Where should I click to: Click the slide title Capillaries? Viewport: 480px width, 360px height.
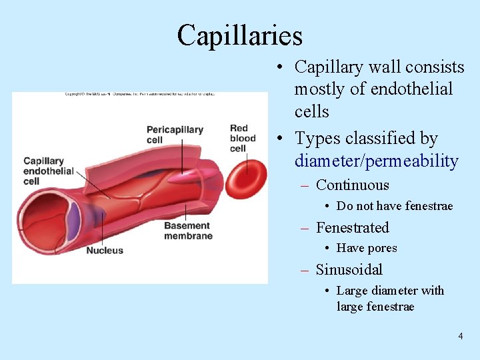(x=239, y=35)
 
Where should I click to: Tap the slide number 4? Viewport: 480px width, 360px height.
(x=460, y=336)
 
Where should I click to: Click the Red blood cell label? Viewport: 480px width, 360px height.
(x=243, y=138)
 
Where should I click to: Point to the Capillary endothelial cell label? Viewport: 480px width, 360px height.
(x=49, y=171)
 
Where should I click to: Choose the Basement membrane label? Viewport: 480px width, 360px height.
(x=188, y=231)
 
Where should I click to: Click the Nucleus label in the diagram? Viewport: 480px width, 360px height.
(x=105, y=251)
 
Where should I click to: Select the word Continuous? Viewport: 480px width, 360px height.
(x=352, y=185)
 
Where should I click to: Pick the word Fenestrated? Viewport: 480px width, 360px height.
(x=352, y=227)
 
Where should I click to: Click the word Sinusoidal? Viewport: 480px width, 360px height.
(x=349, y=269)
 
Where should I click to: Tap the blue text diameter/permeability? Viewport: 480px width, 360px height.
(x=377, y=161)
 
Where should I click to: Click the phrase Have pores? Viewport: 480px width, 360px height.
(x=367, y=248)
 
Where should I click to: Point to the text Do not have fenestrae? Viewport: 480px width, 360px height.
(x=395, y=206)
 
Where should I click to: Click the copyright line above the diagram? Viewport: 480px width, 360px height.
(x=139, y=94)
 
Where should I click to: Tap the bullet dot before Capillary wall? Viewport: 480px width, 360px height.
(x=283, y=67)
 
